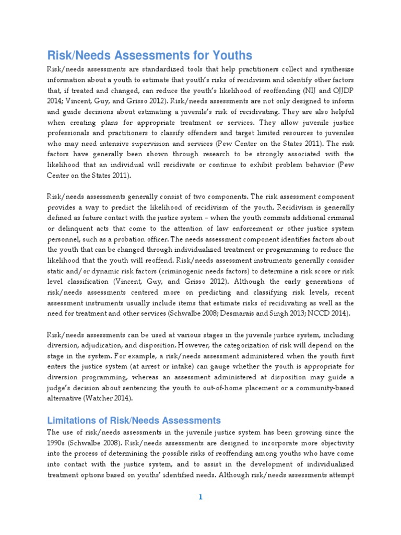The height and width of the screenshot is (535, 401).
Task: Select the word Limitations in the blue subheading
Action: pyautogui.click(x=72, y=420)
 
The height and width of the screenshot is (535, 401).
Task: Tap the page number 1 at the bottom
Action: pyautogui.click(x=200, y=497)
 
